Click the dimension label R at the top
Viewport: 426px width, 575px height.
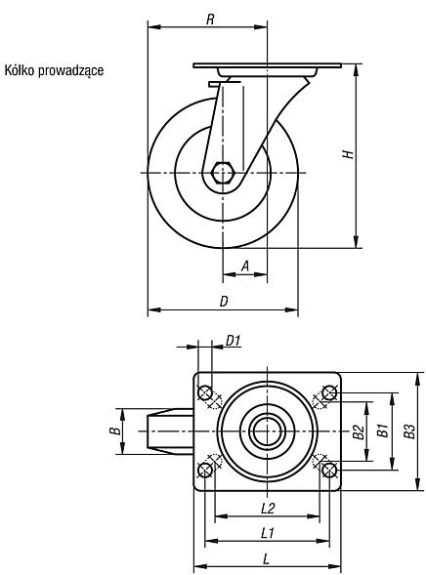(210, 20)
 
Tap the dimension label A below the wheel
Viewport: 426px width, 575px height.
(245, 266)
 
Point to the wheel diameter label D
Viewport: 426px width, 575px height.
(224, 302)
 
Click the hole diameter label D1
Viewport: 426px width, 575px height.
(233, 341)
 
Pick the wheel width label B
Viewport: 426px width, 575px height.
(115, 431)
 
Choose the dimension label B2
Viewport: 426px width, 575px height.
(359, 431)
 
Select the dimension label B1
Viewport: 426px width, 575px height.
(383, 431)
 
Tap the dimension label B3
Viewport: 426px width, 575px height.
(409, 431)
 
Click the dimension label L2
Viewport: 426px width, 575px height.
(268, 509)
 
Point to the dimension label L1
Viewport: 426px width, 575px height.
(268, 533)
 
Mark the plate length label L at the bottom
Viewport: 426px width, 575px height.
(267, 559)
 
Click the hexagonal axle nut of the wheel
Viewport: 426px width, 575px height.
(223, 173)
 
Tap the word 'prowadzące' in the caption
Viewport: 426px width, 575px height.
(70, 70)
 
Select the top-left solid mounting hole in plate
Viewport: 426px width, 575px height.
(205, 392)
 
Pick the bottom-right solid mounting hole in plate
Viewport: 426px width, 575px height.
(329, 470)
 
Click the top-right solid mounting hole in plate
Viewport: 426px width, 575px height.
(329, 392)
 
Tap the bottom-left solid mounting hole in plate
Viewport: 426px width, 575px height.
(205, 470)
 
